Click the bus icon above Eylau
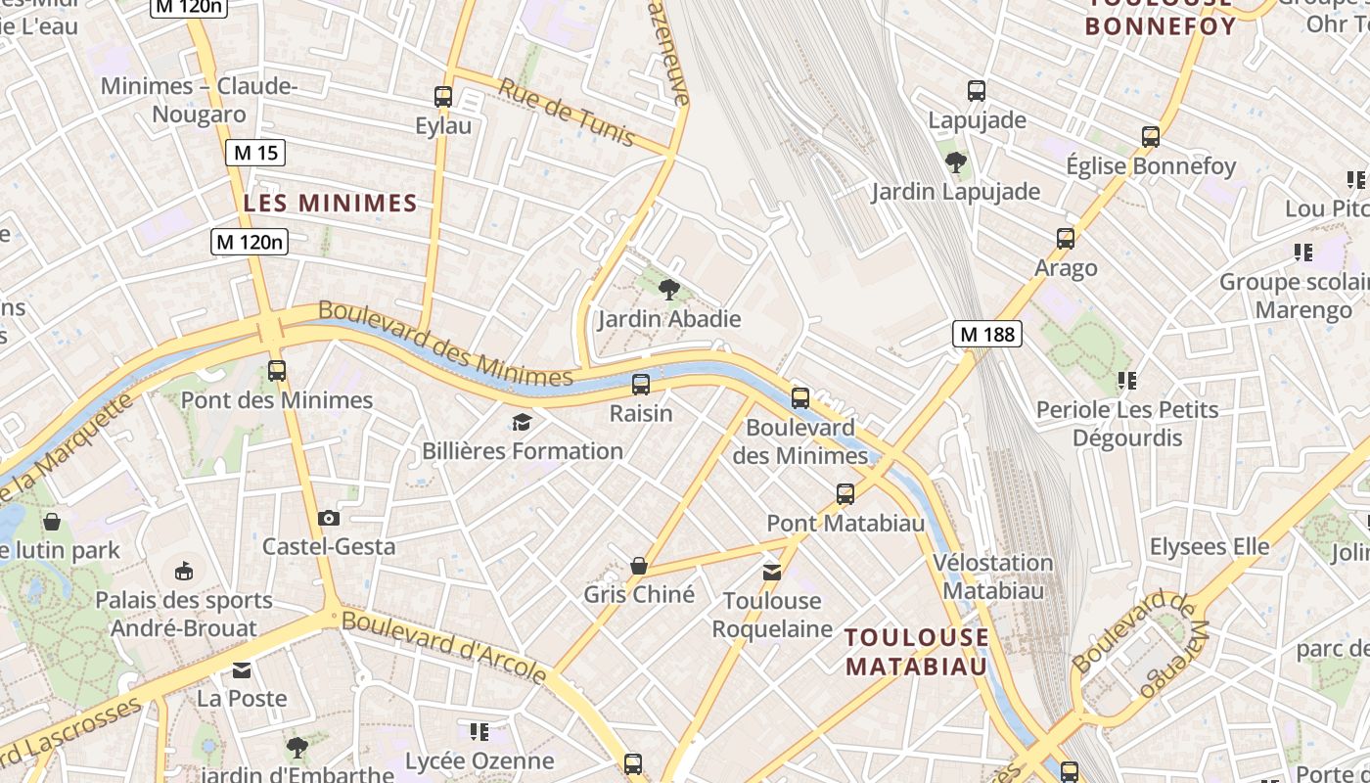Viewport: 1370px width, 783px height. click(x=443, y=97)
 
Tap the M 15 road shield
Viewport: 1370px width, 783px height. click(x=255, y=153)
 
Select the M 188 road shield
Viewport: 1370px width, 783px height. click(x=987, y=334)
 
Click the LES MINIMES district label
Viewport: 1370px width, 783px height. click(x=331, y=204)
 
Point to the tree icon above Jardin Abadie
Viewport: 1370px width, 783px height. click(x=669, y=289)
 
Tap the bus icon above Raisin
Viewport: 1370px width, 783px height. click(x=641, y=385)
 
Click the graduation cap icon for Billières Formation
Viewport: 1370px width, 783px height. click(x=522, y=422)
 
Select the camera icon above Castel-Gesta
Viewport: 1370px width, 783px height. click(x=329, y=518)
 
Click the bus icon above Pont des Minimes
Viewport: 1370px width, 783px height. click(x=277, y=371)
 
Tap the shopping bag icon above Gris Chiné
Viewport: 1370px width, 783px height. click(x=639, y=566)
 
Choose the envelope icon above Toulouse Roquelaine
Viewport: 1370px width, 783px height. click(x=772, y=572)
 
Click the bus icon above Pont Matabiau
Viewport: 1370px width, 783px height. click(x=845, y=494)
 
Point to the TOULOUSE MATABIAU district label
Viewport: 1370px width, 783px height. click(x=917, y=652)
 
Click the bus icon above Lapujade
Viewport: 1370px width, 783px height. click(x=976, y=91)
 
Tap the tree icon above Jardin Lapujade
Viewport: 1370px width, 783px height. click(x=955, y=162)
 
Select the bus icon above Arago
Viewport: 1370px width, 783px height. click(x=1066, y=239)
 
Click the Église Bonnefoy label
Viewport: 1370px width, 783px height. click(x=1151, y=165)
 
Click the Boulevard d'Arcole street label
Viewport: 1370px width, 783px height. click(x=444, y=646)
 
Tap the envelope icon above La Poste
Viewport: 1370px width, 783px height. click(x=242, y=670)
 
